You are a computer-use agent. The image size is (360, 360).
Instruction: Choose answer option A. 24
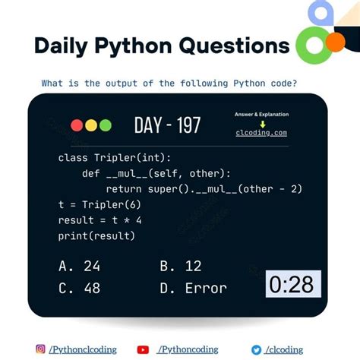point(79,266)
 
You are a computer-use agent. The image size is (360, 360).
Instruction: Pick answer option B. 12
point(180,266)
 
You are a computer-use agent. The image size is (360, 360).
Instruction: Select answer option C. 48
point(79,288)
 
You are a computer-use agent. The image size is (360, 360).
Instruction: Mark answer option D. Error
point(194,288)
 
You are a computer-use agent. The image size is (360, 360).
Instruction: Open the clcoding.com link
point(261,133)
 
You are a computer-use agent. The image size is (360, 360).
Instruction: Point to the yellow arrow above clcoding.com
point(262,123)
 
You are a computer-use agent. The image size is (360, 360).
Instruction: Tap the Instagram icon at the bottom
point(40,349)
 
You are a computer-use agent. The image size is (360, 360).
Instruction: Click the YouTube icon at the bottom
point(143,349)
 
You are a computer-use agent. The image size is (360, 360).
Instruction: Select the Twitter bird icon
point(257,349)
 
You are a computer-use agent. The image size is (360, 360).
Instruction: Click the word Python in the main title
point(134,46)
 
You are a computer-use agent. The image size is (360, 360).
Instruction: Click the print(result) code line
point(96,235)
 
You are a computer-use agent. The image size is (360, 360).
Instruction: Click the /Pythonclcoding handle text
point(83,349)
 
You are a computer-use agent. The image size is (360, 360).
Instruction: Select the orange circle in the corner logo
point(335,42)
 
